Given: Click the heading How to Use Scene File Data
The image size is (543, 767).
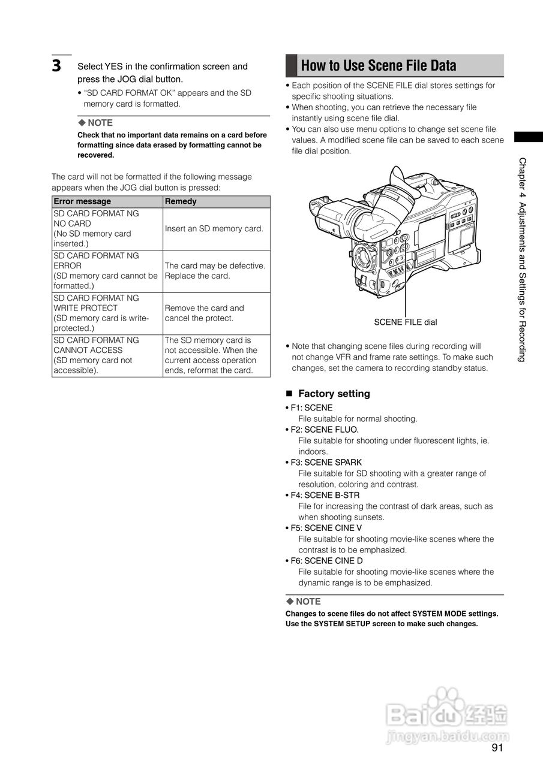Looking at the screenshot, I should pyautogui.click(x=378, y=65).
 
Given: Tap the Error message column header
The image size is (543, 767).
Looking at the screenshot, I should pyautogui.click(x=82, y=201).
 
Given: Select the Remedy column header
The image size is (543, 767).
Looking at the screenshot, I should pyautogui.click(x=181, y=201).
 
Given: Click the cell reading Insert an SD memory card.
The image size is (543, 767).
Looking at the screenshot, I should pyautogui.click(x=214, y=228).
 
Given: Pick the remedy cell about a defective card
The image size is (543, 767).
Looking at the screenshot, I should pyautogui.click(x=215, y=271).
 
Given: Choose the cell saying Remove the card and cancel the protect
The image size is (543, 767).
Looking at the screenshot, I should pyautogui.click(x=205, y=313).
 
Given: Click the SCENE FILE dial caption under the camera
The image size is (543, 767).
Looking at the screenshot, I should pyautogui.click(x=406, y=322).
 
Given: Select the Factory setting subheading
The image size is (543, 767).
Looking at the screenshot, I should pyautogui.click(x=334, y=394).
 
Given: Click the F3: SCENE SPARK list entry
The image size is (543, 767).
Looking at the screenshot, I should pyautogui.click(x=326, y=463).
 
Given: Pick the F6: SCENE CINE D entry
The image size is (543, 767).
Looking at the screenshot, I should pyautogui.click(x=327, y=561).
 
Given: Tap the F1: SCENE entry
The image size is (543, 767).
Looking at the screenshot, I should pyautogui.click(x=311, y=408).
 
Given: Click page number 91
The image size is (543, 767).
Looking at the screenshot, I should pyautogui.click(x=497, y=748).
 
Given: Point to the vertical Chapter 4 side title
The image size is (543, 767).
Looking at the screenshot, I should pyautogui.click(x=522, y=259).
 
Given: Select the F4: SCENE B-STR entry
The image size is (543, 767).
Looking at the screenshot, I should pyautogui.click(x=325, y=495).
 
